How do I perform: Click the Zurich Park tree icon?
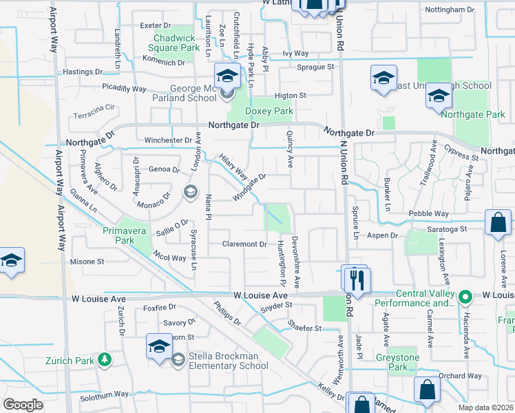pyautogui.click(x=104, y=359)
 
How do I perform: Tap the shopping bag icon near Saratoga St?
pyautogui.click(x=497, y=223)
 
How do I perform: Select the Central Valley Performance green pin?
pyautogui.click(x=465, y=297)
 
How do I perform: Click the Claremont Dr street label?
pyautogui.click(x=244, y=244)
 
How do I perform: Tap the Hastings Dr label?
pyautogui.click(x=82, y=72)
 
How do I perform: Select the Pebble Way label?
pyautogui.click(x=428, y=214)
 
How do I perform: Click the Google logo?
pyautogui.click(x=23, y=405)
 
